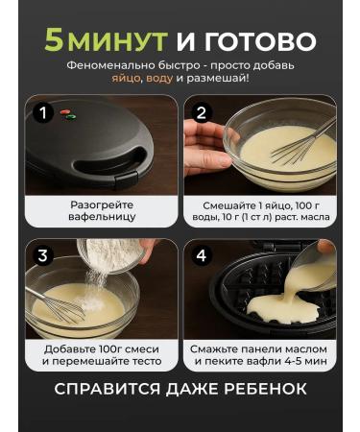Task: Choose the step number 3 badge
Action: pos(41,255)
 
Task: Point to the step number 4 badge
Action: pos(201,255)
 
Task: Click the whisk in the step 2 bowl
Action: pos(288,149)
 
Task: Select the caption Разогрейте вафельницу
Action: pos(103,211)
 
